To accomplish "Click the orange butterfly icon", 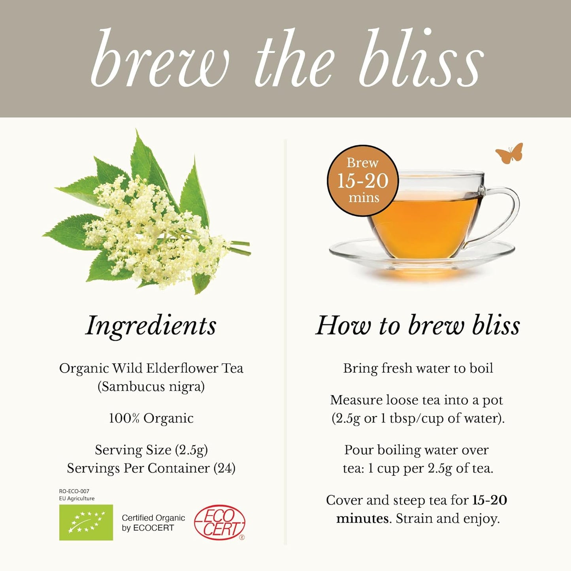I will click(x=510, y=153).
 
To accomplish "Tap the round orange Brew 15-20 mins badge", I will click(x=363, y=181).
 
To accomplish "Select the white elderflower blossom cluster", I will click(x=150, y=233).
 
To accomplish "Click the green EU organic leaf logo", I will click(x=86, y=522).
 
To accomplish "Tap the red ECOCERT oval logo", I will click(x=220, y=522).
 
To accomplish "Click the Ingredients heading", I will click(x=151, y=326).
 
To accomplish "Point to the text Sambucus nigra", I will click(x=151, y=386).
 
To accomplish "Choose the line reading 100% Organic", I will click(x=151, y=418).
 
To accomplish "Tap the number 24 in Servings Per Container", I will click(x=224, y=468).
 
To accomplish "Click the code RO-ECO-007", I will click(x=74, y=491).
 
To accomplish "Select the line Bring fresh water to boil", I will click(x=418, y=368).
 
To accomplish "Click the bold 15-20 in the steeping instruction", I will click(x=490, y=500).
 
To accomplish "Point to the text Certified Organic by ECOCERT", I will click(x=153, y=523).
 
